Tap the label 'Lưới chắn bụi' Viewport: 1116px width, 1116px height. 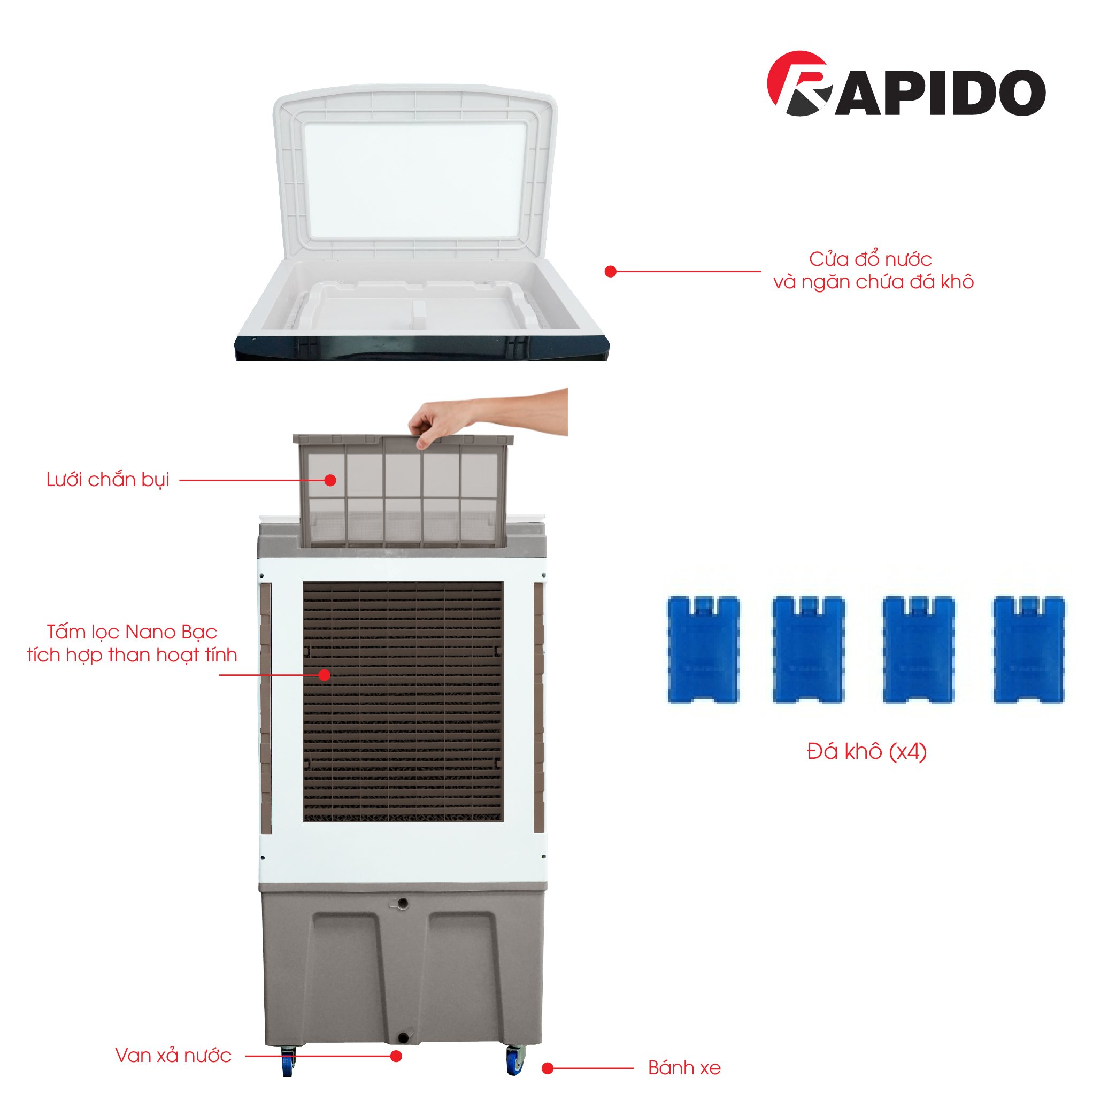[108, 480]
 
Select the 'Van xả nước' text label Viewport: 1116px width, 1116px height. [173, 1056]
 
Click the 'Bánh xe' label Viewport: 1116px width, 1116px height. [684, 1068]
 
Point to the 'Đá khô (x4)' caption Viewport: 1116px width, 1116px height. [866, 751]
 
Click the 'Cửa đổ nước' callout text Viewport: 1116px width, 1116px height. [870, 259]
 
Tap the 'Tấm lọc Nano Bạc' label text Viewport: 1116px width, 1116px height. [132, 632]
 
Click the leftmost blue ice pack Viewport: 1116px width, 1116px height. [704, 650]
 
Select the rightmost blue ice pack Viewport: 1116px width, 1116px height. [1029, 650]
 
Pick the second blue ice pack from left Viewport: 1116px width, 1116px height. [809, 650]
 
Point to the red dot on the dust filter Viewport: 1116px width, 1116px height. [330, 480]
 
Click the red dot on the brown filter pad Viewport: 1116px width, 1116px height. [325, 675]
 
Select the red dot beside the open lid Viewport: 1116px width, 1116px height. [611, 272]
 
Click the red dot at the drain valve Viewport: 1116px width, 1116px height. [396, 1056]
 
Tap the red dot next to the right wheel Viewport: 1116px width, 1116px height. [548, 1068]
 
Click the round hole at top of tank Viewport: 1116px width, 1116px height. [403, 903]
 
